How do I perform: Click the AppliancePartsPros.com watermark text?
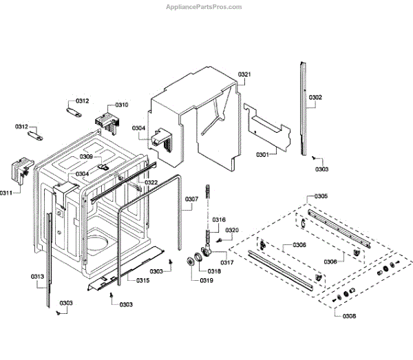pos(204,6)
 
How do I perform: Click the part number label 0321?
pos(245,74)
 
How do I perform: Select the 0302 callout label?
pos(315,98)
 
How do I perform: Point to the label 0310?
pos(121,105)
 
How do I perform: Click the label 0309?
pos(85,158)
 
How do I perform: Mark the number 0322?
pos(151,182)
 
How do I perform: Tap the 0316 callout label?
pos(219,220)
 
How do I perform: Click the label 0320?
pos(232,230)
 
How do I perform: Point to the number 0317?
pos(228,262)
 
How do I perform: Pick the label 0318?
pos(215,272)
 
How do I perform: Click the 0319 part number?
pos(206,281)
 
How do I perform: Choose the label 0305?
pos(321,197)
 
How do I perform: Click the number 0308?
pos(330,316)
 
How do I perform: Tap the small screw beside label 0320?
pos(219,239)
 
